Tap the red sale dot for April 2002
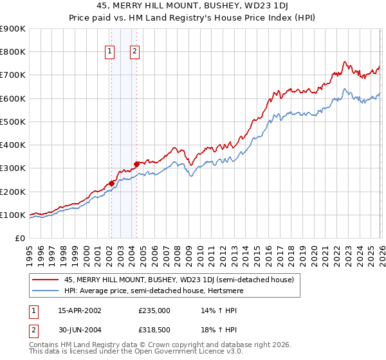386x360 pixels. pos(111,183)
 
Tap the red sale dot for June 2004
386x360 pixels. pos(136,164)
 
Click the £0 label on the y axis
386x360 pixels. pos(19,238)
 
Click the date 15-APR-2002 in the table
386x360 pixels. pos(80,310)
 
